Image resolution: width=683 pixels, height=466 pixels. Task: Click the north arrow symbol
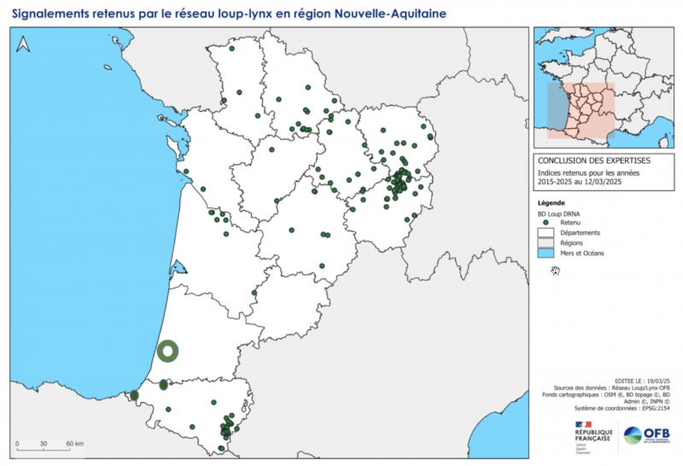(23, 44)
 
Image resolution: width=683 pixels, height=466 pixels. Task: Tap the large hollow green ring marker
(168, 350)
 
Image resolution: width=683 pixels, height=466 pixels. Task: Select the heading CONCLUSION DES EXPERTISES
(593, 160)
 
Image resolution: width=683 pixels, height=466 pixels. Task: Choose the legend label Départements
(581, 233)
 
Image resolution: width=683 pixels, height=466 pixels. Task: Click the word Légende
(551, 202)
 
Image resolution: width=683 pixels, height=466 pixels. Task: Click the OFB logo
(646, 435)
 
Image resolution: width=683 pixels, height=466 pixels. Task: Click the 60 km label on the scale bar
(73, 445)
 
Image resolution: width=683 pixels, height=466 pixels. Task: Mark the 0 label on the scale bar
(18, 445)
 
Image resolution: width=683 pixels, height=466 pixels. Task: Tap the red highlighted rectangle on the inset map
(581, 109)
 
